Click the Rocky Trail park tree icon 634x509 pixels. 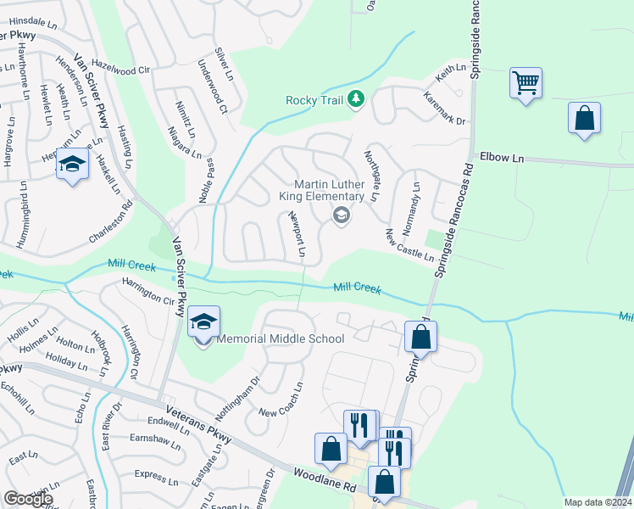point(357,99)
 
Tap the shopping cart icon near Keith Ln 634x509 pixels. point(526,83)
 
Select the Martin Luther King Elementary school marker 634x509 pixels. point(341,215)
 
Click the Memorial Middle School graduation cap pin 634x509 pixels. point(203,323)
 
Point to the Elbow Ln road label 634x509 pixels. point(503,157)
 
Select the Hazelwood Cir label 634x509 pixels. point(120,66)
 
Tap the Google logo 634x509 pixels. point(28,499)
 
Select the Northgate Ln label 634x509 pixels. point(371,176)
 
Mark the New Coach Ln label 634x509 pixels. point(281,400)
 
